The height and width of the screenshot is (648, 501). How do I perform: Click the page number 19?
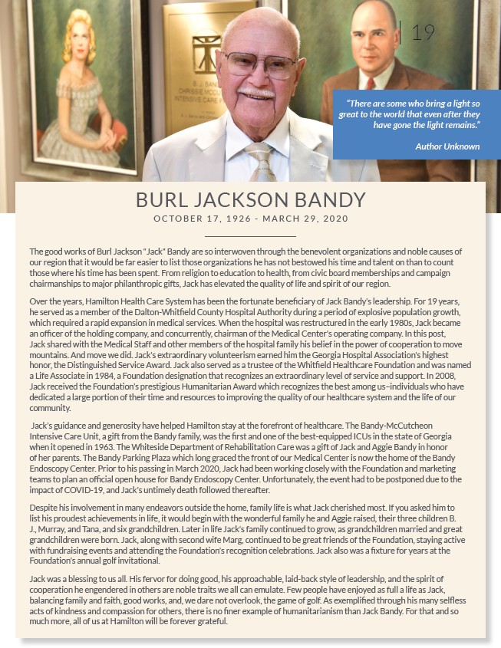(x=423, y=32)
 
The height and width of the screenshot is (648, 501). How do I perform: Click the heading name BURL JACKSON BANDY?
(x=250, y=200)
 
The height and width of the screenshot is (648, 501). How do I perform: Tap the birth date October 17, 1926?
(x=202, y=219)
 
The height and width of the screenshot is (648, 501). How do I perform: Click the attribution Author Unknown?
(x=447, y=146)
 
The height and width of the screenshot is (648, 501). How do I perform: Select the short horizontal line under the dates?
(x=250, y=236)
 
